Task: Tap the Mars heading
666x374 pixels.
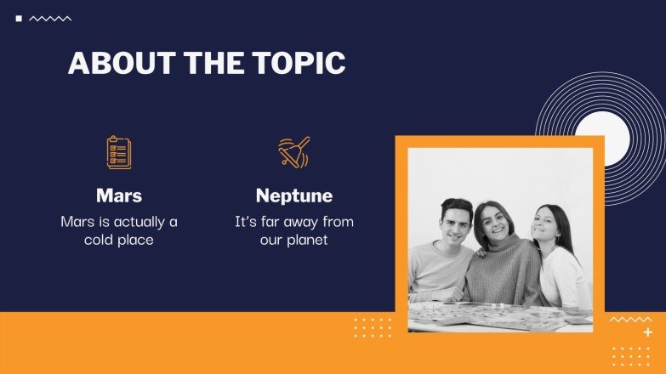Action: click(x=119, y=195)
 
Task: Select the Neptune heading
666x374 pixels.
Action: click(x=294, y=195)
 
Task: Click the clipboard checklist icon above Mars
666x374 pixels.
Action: click(x=119, y=153)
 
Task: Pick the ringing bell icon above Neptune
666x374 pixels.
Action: click(x=294, y=153)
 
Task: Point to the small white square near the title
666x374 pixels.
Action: click(x=19, y=18)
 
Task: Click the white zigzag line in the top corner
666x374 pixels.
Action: click(x=50, y=18)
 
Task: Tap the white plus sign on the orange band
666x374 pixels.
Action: click(x=648, y=332)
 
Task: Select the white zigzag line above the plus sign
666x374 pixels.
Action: click(x=630, y=320)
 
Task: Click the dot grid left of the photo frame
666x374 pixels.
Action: click(x=373, y=327)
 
